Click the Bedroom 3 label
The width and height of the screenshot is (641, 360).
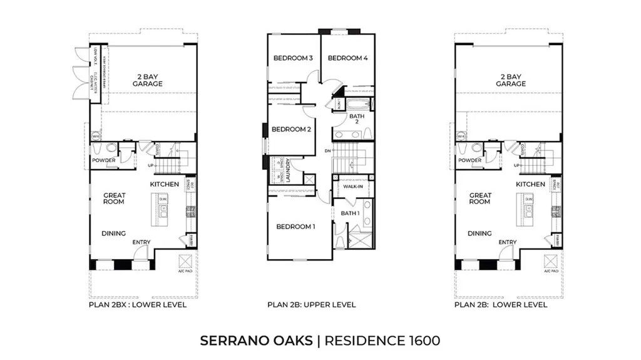[x=293, y=58]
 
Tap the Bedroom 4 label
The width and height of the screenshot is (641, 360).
[x=347, y=58]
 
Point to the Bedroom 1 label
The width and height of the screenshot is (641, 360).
[x=296, y=227]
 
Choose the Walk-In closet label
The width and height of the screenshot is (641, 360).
[x=352, y=187]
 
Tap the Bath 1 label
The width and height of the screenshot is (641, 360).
[x=350, y=213]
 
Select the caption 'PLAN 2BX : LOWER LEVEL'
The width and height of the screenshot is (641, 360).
[x=138, y=305]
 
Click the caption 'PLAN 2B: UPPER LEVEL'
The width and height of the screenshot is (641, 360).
[x=312, y=305]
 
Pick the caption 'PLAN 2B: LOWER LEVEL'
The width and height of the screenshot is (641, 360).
[x=501, y=305]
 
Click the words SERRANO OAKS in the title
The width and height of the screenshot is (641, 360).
[x=256, y=341]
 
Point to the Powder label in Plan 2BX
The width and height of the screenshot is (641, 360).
[x=103, y=160]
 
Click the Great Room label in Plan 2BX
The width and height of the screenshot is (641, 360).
[x=114, y=198]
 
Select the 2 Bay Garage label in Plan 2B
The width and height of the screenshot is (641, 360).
[x=510, y=80]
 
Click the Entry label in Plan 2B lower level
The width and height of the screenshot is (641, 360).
[x=507, y=242]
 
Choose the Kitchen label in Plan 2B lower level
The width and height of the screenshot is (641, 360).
[x=530, y=184]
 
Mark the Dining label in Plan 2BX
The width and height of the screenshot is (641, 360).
[x=113, y=234]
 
